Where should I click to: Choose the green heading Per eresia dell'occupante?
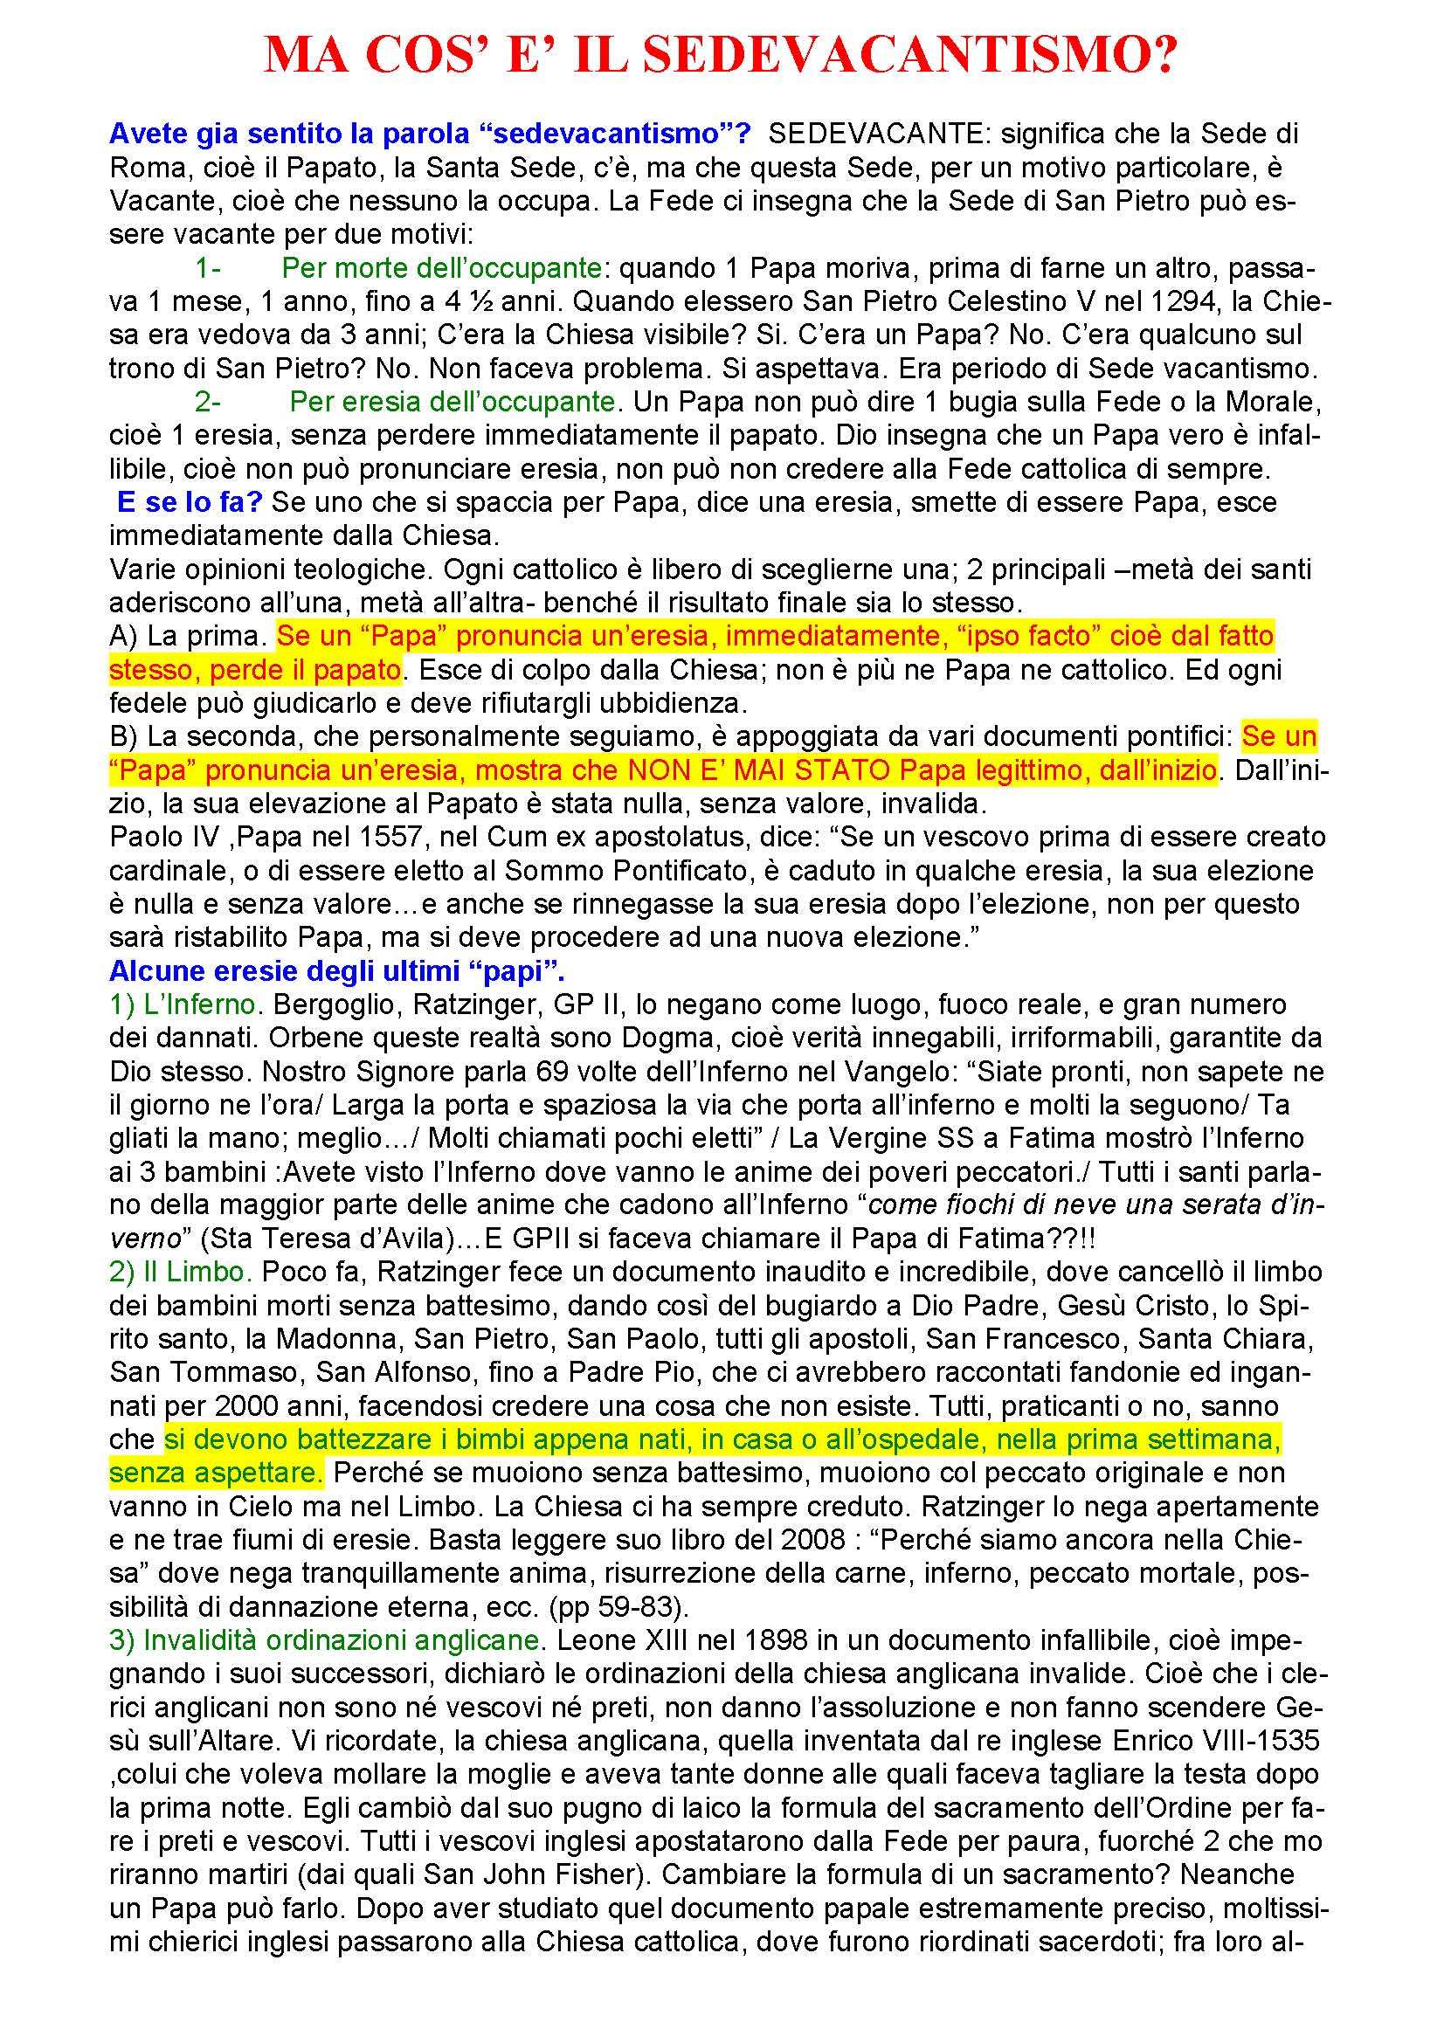click(x=452, y=401)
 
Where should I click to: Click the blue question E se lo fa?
click(x=190, y=502)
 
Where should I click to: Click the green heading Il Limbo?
click(x=182, y=1272)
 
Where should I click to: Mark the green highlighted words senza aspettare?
click(x=215, y=1473)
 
